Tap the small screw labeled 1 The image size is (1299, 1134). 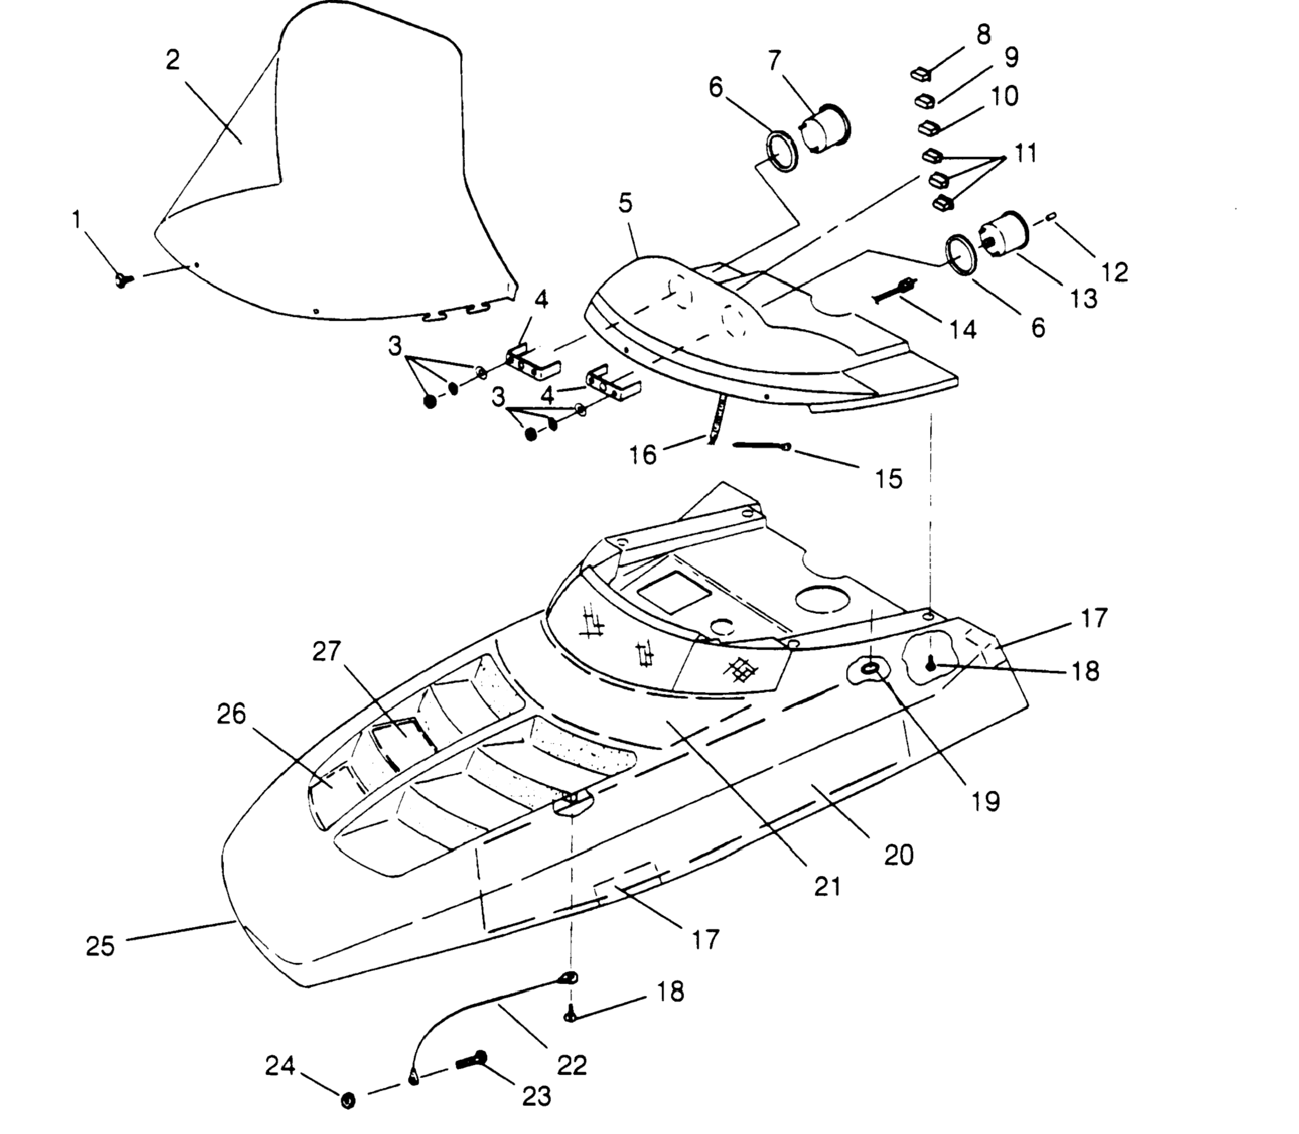[x=121, y=279]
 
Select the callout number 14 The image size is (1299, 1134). [x=962, y=329]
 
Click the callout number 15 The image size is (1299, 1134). [x=888, y=479]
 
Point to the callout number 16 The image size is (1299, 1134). [x=643, y=454]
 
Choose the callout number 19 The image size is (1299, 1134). [x=986, y=802]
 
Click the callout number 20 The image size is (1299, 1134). [x=898, y=856]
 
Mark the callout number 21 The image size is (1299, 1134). [x=827, y=886]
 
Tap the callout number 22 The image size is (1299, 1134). [x=572, y=1065]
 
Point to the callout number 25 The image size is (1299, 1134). [x=100, y=947]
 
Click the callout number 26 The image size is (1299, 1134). [x=231, y=714]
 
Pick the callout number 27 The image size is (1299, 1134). [x=327, y=651]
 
